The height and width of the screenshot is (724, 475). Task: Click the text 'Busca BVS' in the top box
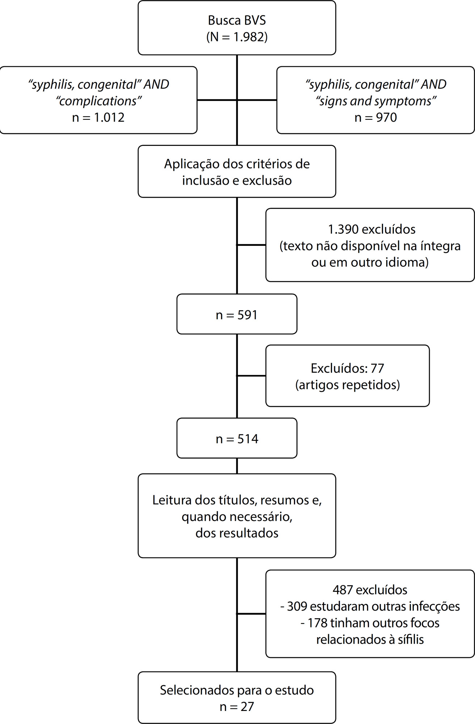coord(237,20)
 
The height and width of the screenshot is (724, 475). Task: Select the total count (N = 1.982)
coord(237,37)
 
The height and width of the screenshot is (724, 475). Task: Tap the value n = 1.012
coord(98,117)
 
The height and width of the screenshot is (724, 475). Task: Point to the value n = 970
coord(375,117)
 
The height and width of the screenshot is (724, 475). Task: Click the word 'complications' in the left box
coord(98,101)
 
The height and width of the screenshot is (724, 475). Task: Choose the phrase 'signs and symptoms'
coord(376,101)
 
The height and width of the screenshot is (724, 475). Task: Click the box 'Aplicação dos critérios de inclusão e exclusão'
coord(237,171)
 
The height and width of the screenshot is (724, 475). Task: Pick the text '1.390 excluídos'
coord(372,229)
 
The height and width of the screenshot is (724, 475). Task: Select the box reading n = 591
coord(237,314)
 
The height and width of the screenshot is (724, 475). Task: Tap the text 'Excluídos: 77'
coord(347,368)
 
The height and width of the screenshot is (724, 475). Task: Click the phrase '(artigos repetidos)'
coord(348,384)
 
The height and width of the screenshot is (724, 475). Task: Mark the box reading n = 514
coord(237,438)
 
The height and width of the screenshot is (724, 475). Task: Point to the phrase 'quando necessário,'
coord(237,517)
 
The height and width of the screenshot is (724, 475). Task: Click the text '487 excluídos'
coord(370,590)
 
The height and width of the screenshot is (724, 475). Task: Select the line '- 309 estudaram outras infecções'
coord(370,606)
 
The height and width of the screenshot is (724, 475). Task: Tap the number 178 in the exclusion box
coord(318,623)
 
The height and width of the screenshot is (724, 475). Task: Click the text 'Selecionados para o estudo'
coord(237,690)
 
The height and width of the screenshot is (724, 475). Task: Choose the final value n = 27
coord(237,706)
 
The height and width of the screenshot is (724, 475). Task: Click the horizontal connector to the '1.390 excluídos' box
coord(251,245)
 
